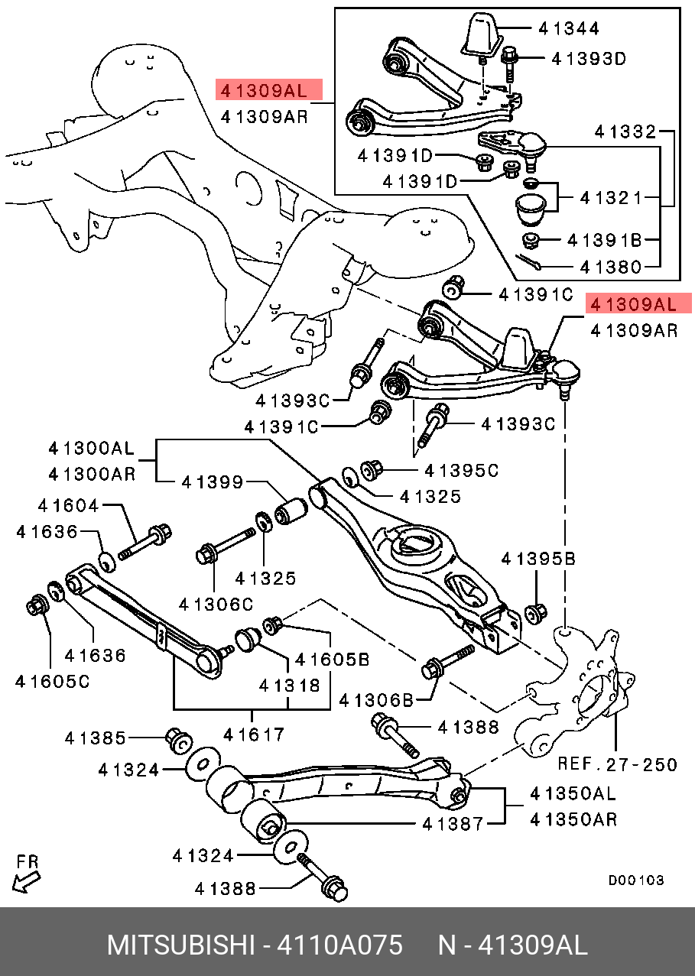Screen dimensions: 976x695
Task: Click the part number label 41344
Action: point(569,29)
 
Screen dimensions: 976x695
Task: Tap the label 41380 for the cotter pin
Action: point(610,268)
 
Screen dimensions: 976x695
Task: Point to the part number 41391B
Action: point(604,241)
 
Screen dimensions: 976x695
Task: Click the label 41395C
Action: point(461,471)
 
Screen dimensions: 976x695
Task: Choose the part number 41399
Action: point(212,482)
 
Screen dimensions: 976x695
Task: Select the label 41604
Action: point(69,505)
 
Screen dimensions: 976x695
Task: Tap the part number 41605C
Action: point(52,680)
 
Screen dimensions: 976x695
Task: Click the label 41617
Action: point(254,735)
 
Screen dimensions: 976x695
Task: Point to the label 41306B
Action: point(375,699)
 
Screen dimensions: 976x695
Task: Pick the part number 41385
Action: point(96,738)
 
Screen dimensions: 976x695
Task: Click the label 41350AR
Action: point(573,819)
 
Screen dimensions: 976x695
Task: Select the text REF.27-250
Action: point(617,764)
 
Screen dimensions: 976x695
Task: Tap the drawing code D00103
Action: point(636,880)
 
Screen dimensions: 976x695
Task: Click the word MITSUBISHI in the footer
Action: point(180,945)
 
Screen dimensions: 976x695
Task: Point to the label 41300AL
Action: point(91,448)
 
